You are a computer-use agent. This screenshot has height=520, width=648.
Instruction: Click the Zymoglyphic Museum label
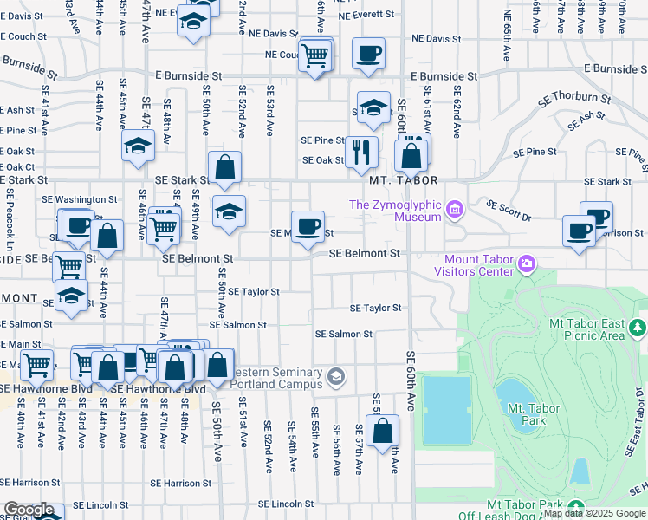coord(395,211)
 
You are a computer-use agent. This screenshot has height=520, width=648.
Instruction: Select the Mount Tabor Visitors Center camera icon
coord(526,263)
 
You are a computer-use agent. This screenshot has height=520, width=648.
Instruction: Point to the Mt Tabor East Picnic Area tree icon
coord(638,328)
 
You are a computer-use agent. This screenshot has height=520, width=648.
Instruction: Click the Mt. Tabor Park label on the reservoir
coord(526,413)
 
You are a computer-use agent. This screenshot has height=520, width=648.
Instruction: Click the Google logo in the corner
coord(28,510)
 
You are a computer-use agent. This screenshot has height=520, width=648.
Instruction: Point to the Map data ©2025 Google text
coord(594,513)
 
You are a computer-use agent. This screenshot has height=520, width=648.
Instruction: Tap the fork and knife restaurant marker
coord(361,152)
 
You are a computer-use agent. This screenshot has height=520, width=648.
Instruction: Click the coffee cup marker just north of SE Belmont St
coord(308,227)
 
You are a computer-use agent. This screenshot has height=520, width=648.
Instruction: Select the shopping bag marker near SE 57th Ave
coord(382,431)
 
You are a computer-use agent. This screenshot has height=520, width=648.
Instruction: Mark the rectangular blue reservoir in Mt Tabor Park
coord(447,409)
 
